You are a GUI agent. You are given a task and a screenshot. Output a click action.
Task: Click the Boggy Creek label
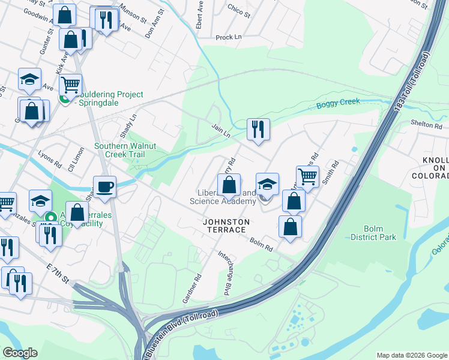[338, 103]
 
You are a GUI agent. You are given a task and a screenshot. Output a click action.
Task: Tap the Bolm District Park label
[381, 233]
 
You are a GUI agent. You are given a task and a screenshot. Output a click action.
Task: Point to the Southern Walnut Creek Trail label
[128, 150]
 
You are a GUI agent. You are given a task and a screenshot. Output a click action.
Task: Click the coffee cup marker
[104, 187]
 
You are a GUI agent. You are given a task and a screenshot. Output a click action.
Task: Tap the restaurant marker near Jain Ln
[258, 130]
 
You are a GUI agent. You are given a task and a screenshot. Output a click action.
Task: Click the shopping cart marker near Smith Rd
[307, 177]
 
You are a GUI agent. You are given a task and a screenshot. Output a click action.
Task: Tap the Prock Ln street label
[228, 37]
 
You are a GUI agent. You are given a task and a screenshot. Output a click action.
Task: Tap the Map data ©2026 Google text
[411, 355]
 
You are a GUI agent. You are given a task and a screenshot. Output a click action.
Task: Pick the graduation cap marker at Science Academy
[267, 184]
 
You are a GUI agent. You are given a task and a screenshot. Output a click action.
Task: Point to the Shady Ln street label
[129, 125]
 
